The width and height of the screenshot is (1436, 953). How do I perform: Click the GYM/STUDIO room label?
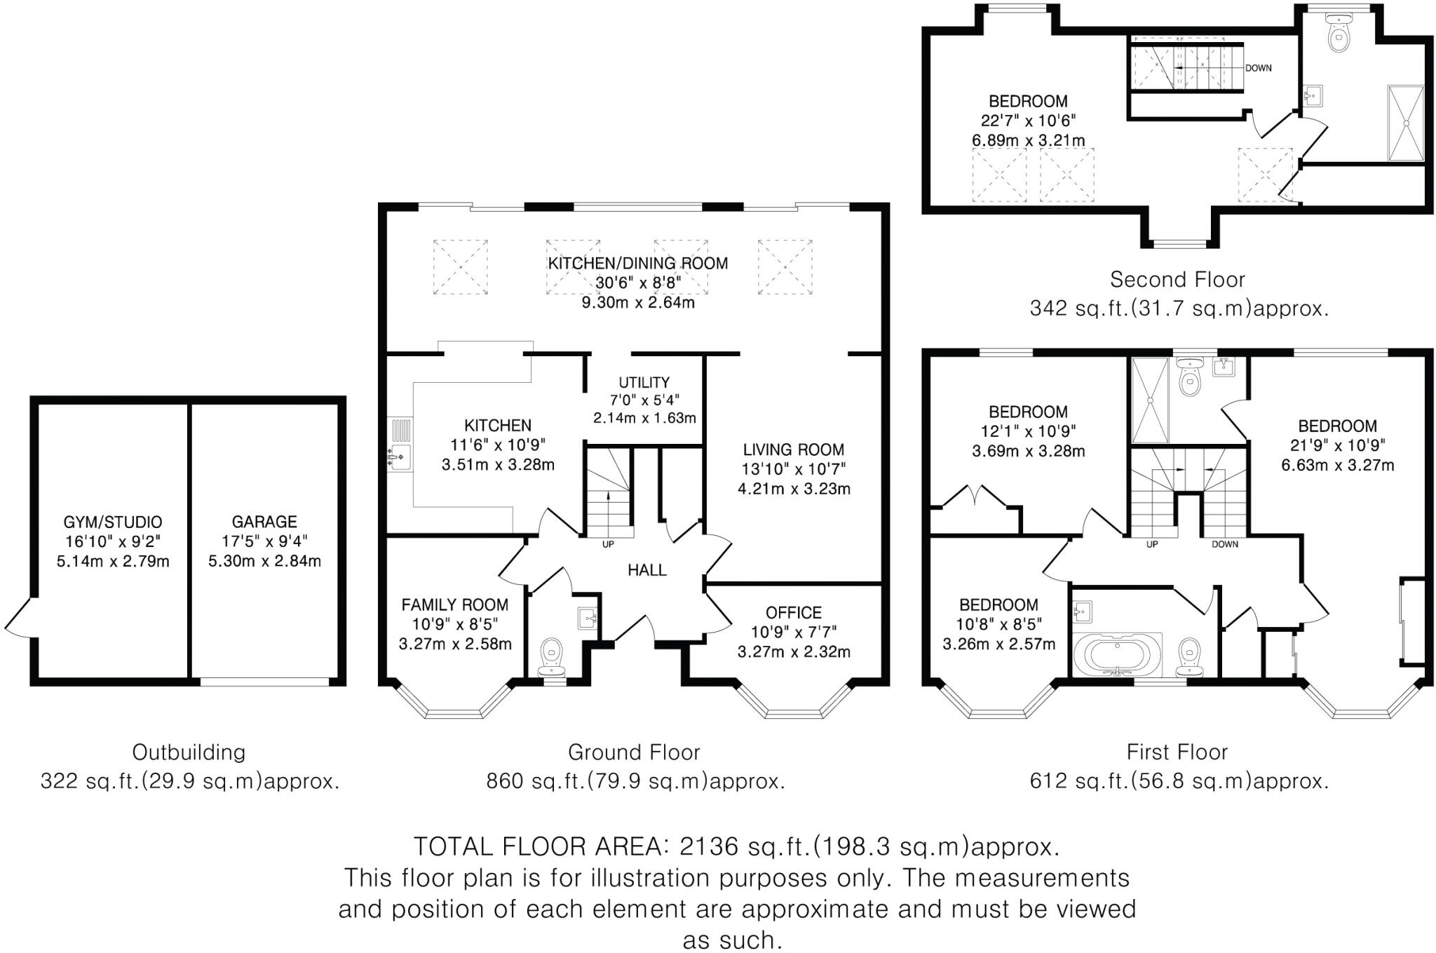pyautogui.click(x=113, y=522)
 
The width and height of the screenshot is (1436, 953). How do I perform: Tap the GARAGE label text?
pyautogui.click(x=264, y=522)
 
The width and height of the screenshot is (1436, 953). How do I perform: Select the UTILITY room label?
pyautogui.click(x=644, y=382)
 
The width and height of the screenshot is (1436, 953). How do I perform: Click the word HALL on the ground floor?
pyautogui.click(x=646, y=570)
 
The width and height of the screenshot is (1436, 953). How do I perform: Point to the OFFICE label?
pyautogui.click(x=794, y=612)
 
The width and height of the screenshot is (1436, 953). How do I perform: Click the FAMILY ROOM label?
pyautogui.click(x=454, y=604)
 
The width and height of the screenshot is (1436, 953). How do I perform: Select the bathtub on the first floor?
pyautogui.click(x=1117, y=654)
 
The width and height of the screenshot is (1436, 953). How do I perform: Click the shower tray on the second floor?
pyautogui.click(x=1405, y=123)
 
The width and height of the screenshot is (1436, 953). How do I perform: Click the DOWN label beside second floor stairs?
pyautogui.click(x=1259, y=68)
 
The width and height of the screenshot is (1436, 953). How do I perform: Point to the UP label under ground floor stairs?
pyautogui.click(x=608, y=544)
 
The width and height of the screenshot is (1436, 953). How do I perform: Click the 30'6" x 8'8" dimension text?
pyautogui.click(x=638, y=283)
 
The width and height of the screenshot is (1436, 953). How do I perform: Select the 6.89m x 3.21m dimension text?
pyautogui.click(x=1028, y=140)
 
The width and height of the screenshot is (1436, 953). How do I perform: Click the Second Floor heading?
pyautogui.click(x=1177, y=280)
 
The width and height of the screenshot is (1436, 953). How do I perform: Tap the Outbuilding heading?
pyautogui.click(x=189, y=752)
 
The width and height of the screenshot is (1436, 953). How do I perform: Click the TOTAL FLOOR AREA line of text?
pyautogui.click(x=736, y=847)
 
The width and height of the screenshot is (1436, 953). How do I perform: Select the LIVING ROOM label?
pyautogui.click(x=794, y=450)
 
